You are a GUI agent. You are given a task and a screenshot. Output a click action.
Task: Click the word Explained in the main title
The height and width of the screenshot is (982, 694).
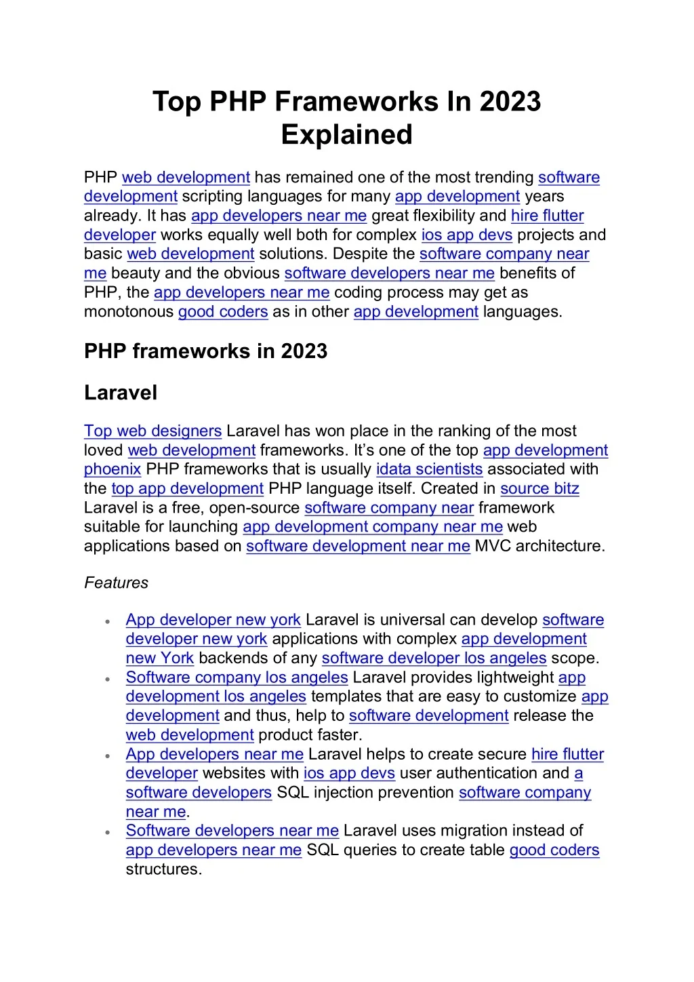tap(346, 134)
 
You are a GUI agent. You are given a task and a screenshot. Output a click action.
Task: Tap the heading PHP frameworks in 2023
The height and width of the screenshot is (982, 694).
tap(205, 351)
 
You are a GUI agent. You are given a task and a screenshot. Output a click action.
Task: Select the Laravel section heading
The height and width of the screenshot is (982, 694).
tap(121, 393)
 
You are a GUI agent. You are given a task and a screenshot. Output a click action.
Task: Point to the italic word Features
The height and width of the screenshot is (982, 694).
tap(116, 583)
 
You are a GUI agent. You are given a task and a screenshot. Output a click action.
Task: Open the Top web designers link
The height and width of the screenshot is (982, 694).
tap(152, 431)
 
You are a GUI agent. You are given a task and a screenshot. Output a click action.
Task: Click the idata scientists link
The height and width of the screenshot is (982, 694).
tap(429, 469)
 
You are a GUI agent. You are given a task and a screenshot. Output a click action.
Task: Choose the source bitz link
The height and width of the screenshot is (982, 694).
tap(539, 488)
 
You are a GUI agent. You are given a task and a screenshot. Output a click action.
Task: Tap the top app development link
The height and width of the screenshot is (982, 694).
tap(187, 488)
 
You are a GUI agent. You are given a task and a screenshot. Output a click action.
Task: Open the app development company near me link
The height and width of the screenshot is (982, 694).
tap(372, 527)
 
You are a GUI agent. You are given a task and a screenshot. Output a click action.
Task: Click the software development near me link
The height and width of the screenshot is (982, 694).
tap(358, 546)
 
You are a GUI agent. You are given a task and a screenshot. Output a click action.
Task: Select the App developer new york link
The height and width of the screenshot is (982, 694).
tap(213, 620)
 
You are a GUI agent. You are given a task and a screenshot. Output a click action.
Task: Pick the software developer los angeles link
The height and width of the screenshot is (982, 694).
tap(434, 658)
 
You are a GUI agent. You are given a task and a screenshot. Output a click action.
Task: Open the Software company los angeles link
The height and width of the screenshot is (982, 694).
tap(237, 677)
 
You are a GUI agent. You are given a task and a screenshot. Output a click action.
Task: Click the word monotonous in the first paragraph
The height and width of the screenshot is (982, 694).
tap(129, 312)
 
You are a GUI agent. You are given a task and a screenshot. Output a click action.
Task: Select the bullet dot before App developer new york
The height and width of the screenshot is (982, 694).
tap(108, 621)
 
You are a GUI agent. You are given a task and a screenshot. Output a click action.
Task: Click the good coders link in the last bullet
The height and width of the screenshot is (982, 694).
tap(554, 850)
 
